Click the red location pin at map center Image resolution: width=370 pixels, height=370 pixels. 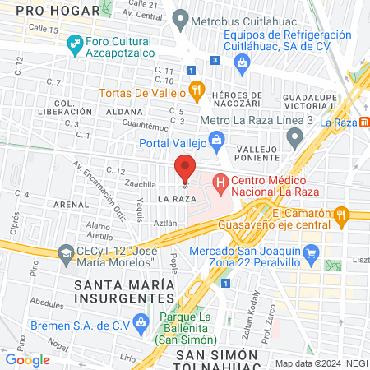[185, 166]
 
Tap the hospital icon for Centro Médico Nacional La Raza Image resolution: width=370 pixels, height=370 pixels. [220, 182]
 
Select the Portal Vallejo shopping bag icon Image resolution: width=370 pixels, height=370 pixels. [216, 141]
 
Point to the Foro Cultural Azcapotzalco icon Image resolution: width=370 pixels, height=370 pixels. [75, 43]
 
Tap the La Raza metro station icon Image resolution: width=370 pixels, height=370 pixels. [363, 122]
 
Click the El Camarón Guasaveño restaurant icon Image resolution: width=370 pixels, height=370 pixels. [343, 216]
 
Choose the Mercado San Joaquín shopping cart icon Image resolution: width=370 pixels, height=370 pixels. [310, 258]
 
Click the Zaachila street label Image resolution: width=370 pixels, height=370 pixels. [141, 185]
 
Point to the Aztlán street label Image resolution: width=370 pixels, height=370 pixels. [166, 222]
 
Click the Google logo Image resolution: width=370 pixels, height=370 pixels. [27, 359]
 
